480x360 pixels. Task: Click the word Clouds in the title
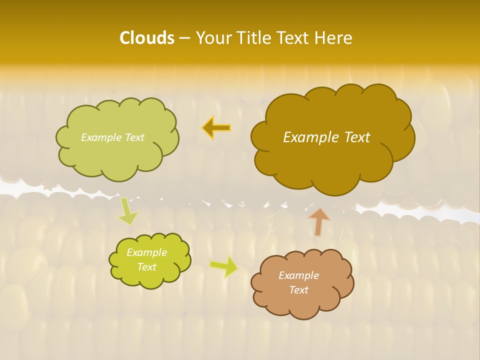coord(146,38)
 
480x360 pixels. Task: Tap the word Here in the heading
coord(333,38)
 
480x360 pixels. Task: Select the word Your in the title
coord(212,38)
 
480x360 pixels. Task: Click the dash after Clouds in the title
coord(184,38)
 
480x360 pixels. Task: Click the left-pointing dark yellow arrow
coord(216,127)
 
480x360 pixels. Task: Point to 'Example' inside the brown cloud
coord(298,275)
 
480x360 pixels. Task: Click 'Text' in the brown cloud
coord(298,290)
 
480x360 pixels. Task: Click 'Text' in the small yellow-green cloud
coord(146,267)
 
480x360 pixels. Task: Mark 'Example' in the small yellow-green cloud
coord(146,252)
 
